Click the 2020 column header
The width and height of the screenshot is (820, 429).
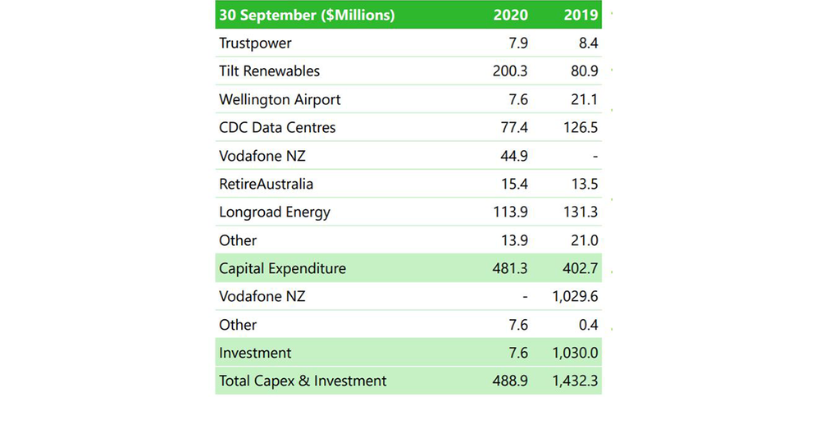510,15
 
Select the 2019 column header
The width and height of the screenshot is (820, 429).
581,15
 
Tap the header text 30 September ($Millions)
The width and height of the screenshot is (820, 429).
307,15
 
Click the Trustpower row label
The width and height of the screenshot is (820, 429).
255,43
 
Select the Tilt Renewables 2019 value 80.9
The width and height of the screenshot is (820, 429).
584,71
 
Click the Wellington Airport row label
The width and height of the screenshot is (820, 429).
280,99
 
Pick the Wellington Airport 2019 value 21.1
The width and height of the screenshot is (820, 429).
584,99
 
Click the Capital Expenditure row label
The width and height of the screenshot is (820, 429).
282,268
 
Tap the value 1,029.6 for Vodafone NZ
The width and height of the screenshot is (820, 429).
572,296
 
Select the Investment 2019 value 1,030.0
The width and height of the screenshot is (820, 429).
572,353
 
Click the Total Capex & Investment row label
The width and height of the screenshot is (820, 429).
303,381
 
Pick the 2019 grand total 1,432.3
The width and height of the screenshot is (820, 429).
572,381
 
